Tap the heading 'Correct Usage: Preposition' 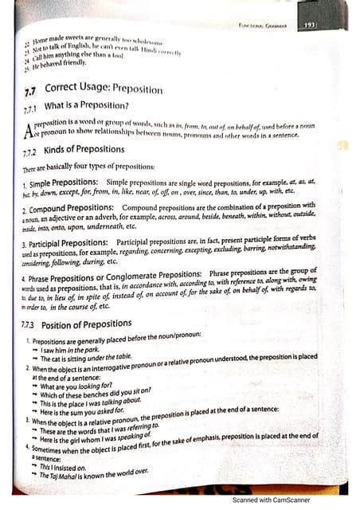click(104, 89)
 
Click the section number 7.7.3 click(33, 325)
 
